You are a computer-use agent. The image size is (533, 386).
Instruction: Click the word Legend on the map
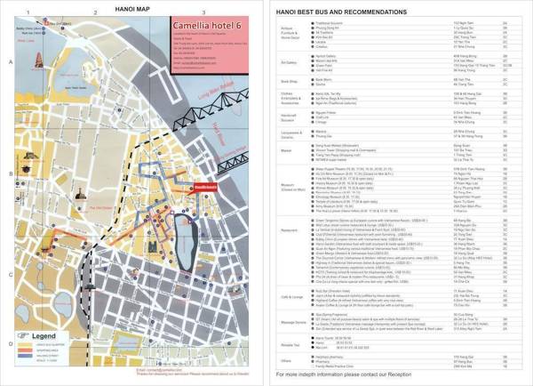44,337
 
